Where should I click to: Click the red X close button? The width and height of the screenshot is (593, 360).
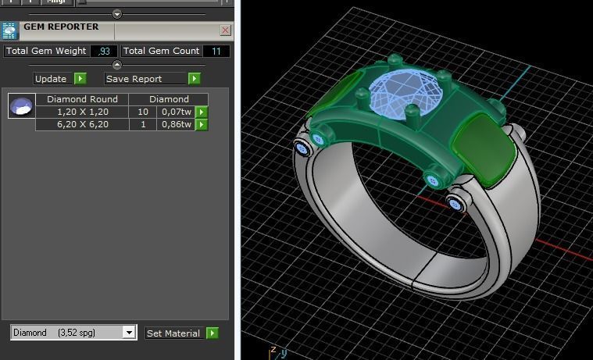(x=226, y=30)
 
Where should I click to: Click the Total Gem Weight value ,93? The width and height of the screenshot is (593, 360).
(x=103, y=52)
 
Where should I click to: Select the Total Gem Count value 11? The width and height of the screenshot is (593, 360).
(x=216, y=52)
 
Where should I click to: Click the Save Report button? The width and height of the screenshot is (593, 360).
(x=145, y=79)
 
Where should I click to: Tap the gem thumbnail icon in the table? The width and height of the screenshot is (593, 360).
(x=22, y=105)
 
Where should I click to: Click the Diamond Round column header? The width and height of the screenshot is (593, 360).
(x=82, y=99)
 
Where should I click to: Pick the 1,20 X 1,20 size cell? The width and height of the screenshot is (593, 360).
(x=82, y=112)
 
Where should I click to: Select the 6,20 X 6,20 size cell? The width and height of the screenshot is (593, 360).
(x=82, y=124)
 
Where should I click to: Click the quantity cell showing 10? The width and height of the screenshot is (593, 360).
(x=143, y=112)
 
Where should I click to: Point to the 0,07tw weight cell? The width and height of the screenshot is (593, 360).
(x=176, y=112)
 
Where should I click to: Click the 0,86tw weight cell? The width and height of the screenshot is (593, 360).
(x=176, y=124)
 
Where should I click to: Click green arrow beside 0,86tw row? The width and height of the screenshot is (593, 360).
(x=202, y=124)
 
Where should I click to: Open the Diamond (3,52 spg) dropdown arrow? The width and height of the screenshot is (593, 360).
(x=129, y=333)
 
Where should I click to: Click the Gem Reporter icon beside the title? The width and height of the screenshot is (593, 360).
(x=9, y=30)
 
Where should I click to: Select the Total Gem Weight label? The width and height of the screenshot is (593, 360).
(x=45, y=52)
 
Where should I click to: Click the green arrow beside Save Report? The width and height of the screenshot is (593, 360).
(x=194, y=79)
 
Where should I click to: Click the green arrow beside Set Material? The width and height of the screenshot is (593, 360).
(x=212, y=333)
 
